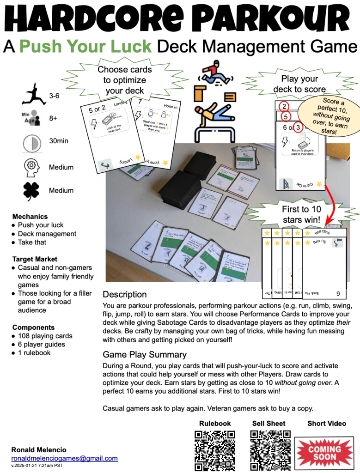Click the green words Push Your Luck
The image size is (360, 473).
pos(85,46)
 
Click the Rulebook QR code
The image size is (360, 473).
pos(214,450)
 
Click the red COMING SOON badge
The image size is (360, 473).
pos(324,450)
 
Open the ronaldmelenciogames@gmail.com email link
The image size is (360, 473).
pos(64,458)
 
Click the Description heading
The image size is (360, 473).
pos(124,294)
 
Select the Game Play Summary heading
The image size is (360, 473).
pos(145,355)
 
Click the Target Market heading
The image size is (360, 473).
pos(35,259)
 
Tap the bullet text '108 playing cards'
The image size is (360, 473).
pos(45,336)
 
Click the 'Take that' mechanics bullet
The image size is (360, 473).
pos(32,242)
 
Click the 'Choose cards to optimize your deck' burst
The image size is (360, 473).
pos(124,79)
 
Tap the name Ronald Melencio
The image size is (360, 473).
pos(39,449)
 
